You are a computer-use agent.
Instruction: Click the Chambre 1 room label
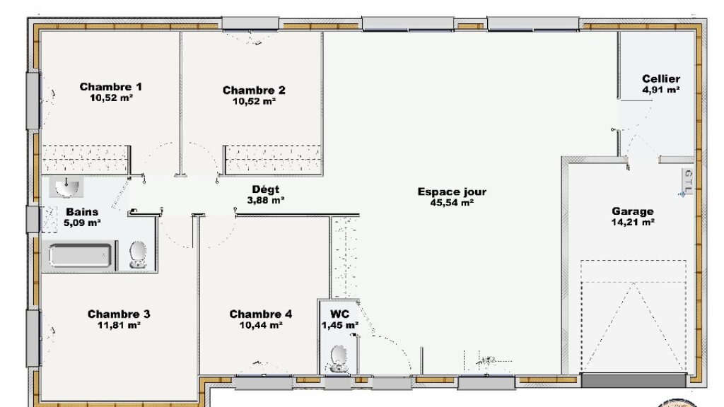coord(111,87)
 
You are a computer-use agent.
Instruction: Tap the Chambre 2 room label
coord(254,90)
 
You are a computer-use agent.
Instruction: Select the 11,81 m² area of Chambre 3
coord(119,325)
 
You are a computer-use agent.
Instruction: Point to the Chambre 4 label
coord(261,314)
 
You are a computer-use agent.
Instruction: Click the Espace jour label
coord(452,191)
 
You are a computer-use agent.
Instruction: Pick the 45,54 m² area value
coord(452,203)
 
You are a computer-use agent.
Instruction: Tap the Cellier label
coord(661,79)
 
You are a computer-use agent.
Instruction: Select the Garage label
coord(633,211)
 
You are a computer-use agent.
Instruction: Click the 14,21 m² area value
coord(633,223)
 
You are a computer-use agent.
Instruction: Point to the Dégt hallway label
coord(266,189)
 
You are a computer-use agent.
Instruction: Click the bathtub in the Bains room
coord(81,256)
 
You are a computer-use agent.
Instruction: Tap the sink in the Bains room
coord(67,187)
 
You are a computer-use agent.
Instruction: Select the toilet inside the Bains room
coord(138,254)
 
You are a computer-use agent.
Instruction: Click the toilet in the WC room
coord(339,359)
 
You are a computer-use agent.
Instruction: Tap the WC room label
coord(339,314)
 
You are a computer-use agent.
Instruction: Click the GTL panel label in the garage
coord(689,181)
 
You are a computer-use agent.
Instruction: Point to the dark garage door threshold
coord(633,380)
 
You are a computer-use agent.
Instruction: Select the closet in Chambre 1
coord(86,160)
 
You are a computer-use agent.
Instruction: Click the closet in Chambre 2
coord(273,160)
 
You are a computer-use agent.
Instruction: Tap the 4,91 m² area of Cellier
coord(661,90)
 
